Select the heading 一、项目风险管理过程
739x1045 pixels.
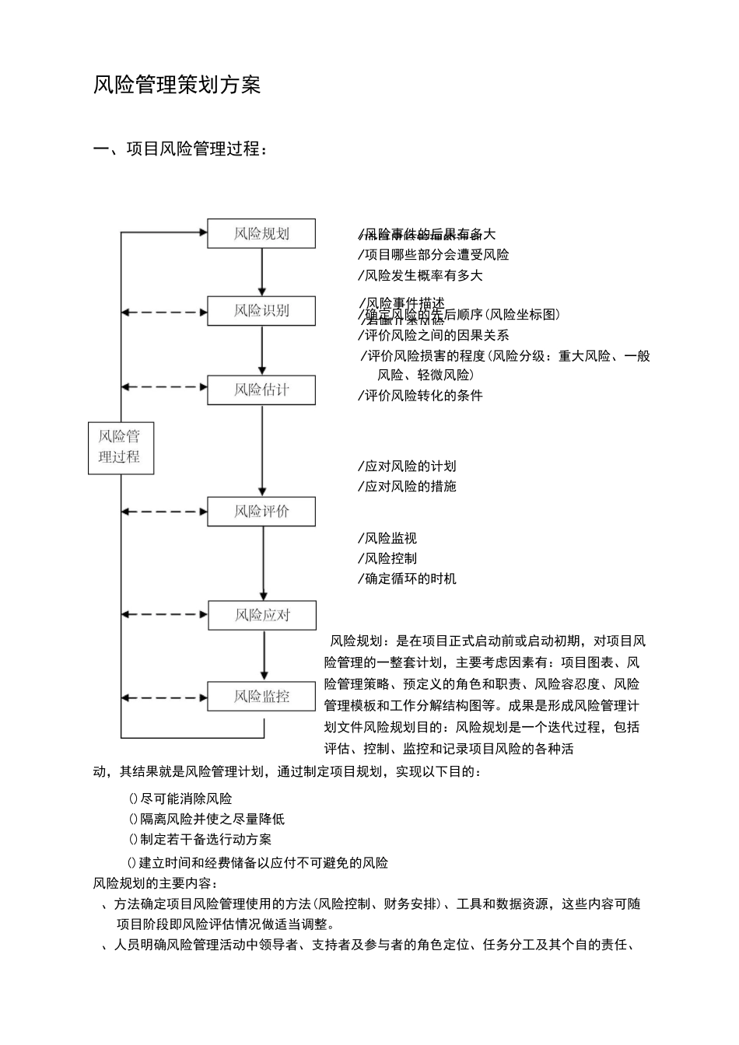(x=180, y=149)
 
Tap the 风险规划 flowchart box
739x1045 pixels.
(x=261, y=233)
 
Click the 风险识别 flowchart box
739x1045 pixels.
(x=261, y=310)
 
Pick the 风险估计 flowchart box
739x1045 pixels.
(x=261, y=390)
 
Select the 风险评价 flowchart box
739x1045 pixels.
(x=261, y=512)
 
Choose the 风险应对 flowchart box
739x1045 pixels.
(x=261, y=615)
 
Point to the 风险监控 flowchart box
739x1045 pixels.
(x=261, y=696)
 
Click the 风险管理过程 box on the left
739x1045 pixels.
(x=120, y=447)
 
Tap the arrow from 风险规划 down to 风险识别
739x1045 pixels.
(x=262, y=271)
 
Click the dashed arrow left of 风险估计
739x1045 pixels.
(x=164, y=387)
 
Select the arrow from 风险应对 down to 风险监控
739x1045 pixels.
(x=264, y=655)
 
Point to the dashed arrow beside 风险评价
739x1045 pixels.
(x=164, y=512)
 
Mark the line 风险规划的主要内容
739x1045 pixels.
(x=156, y=883)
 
